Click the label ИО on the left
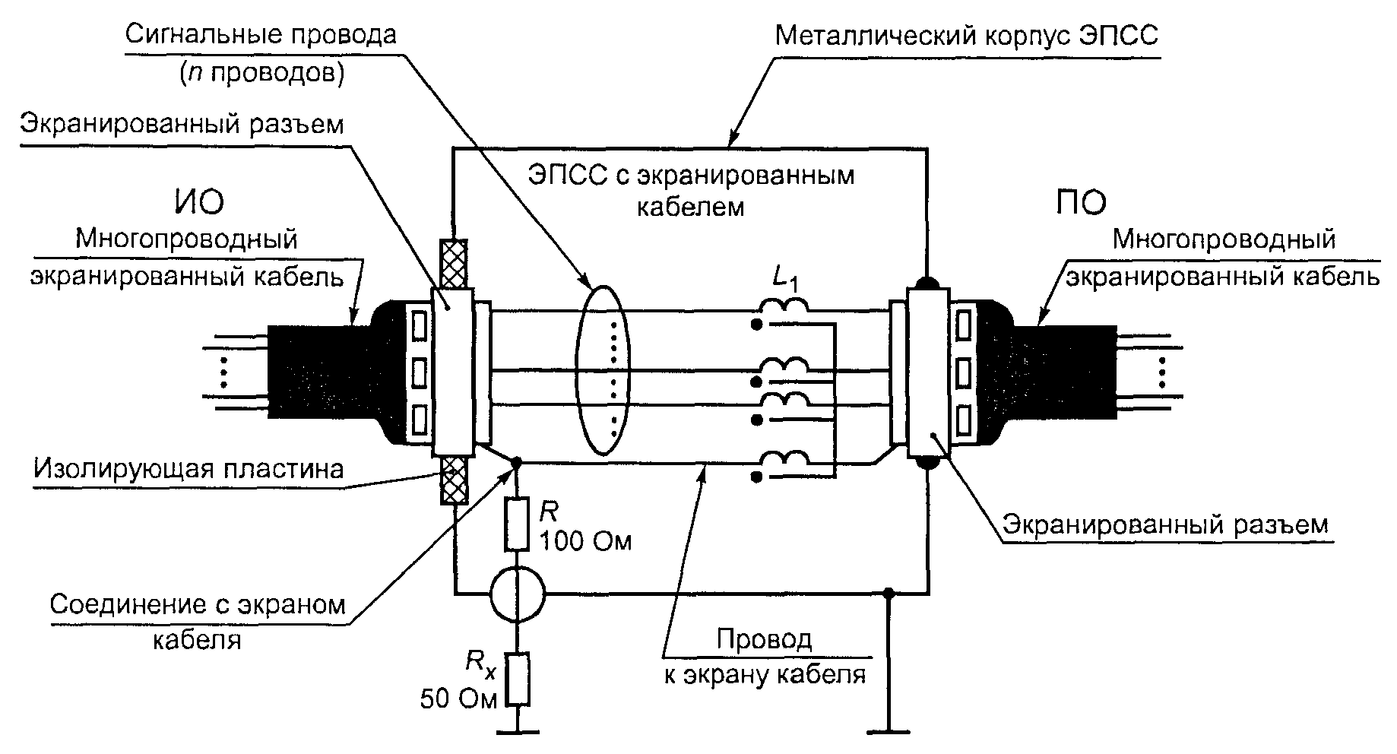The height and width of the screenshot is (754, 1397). tap(195, 202)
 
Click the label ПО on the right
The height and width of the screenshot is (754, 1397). tap(1082, 202)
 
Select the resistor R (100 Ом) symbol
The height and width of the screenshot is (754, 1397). tap(517, 524)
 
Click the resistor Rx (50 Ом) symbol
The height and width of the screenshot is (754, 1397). tap(518, 679)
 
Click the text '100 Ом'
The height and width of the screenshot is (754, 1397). tap(585, 540)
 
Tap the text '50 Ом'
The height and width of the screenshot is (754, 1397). tap(459, 699)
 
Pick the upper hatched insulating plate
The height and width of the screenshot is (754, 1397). tap(453, 264)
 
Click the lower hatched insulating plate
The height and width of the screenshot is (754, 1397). tap(453, 480)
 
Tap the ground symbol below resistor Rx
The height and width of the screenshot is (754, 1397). tap(518, 731)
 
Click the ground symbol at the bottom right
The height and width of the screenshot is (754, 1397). tap(889, 731)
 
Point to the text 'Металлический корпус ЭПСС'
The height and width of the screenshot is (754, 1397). tap(967, 35)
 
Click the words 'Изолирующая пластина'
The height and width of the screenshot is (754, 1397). tap(188, 469)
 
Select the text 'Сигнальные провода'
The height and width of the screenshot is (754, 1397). tap(261, 35)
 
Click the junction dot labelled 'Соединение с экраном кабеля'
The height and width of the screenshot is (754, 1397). tap(517, 461)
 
